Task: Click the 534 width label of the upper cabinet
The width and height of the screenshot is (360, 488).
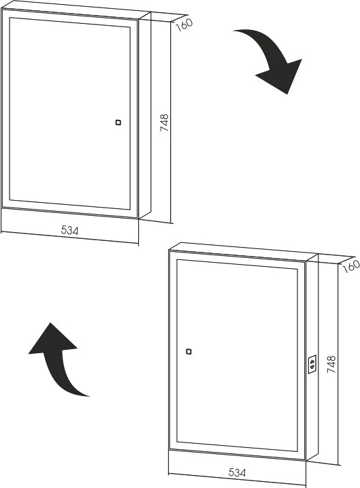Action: (x=69, y=230)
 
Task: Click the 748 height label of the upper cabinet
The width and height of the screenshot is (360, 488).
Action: (x=164, y=123)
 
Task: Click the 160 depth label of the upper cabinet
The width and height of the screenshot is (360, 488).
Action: (x=184, y=25)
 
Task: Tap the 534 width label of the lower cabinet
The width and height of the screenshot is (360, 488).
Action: (x=237, y=472)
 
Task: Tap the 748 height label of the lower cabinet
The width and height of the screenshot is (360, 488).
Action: (x=331, y=364)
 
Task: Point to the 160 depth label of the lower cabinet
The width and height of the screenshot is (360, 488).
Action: (x=351, y=267)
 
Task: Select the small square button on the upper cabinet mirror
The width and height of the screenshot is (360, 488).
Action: (x=118, y=123)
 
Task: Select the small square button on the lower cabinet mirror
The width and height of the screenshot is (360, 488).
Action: (x=189, y=352)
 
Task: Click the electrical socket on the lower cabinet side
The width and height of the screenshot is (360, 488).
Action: (x=312, y=364)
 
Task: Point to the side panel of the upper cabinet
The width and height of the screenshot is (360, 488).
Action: (x=145, y=115)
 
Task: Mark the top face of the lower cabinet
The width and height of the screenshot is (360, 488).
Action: (x=244, y=251)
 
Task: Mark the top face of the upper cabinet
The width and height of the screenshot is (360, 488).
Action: (x=76, y=10)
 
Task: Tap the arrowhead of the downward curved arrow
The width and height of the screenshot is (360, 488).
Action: (x=282, y=76)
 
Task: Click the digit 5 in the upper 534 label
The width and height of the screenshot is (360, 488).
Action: (x=64, y=229)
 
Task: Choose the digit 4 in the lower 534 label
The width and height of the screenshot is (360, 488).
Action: (x=244, y=473)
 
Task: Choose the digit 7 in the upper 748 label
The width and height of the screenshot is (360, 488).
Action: (x=164, y=129)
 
